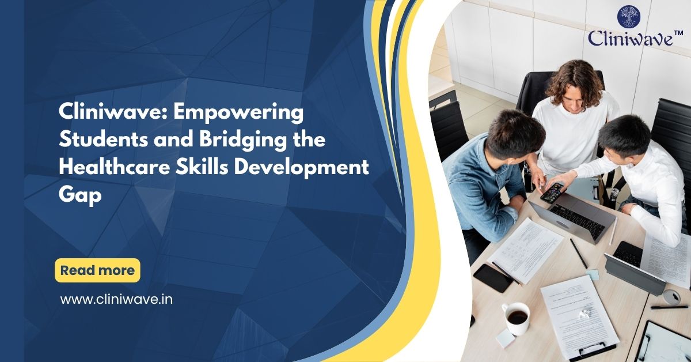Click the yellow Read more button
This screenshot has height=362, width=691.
point(97,270)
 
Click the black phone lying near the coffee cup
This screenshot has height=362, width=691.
point(493,277)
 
